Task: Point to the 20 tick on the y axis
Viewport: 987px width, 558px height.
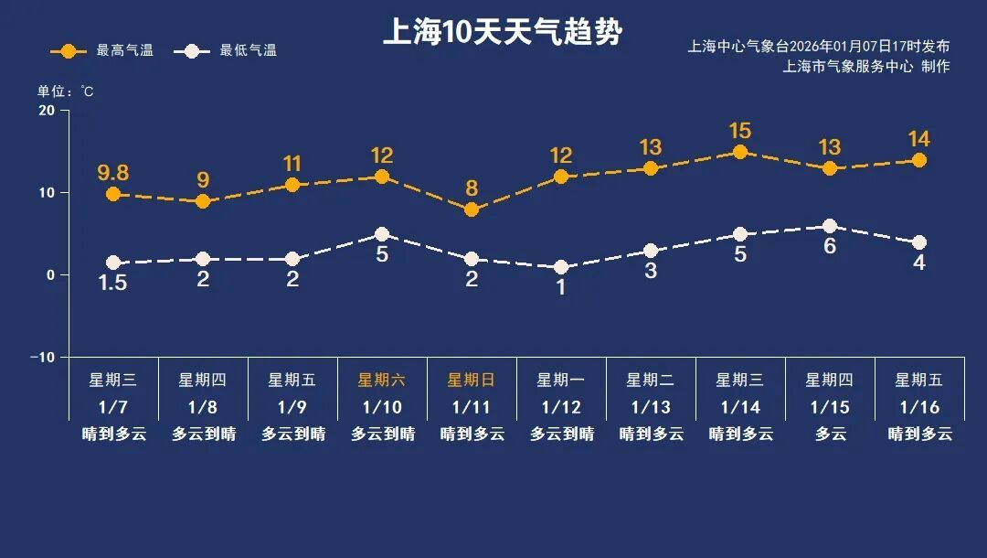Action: coord(47,111)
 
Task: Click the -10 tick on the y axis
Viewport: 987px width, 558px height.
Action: coord(43,357)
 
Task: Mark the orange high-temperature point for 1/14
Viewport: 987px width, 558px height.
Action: coord(740,152)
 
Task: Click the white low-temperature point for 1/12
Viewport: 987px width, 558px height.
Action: coord(561,267)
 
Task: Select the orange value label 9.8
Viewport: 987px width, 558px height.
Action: coord(113,173)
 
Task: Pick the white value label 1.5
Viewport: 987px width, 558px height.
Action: coord(113,284)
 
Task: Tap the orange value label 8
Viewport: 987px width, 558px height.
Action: coord(472,188)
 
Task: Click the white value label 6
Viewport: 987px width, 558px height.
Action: coord(830,246)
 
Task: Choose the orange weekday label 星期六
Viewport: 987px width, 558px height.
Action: coord(382,380)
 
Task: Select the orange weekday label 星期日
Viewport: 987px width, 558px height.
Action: coord(472,380)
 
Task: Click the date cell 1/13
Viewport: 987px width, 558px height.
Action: coord(651,406)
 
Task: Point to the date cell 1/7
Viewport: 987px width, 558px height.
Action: coord(113,406)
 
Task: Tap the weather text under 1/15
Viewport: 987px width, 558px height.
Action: coord(830,434)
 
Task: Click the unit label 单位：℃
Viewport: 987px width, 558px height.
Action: coord(65,91)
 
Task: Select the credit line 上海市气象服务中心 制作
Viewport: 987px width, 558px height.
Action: coord(866,66)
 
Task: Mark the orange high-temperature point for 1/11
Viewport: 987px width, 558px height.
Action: coord(472,209)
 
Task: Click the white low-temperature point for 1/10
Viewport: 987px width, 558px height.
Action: coord(382,234)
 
